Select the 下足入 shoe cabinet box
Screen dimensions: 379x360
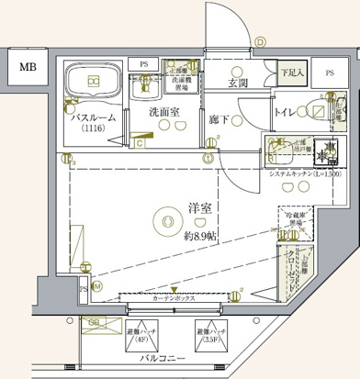click(x=291, y=71)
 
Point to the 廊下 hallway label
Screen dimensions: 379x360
click(x=219, y=118)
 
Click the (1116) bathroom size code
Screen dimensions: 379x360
click(x=93, y=129)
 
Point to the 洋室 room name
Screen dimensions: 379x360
click(x=199, y=208)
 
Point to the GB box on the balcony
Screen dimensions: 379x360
click(x=95, y=323)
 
